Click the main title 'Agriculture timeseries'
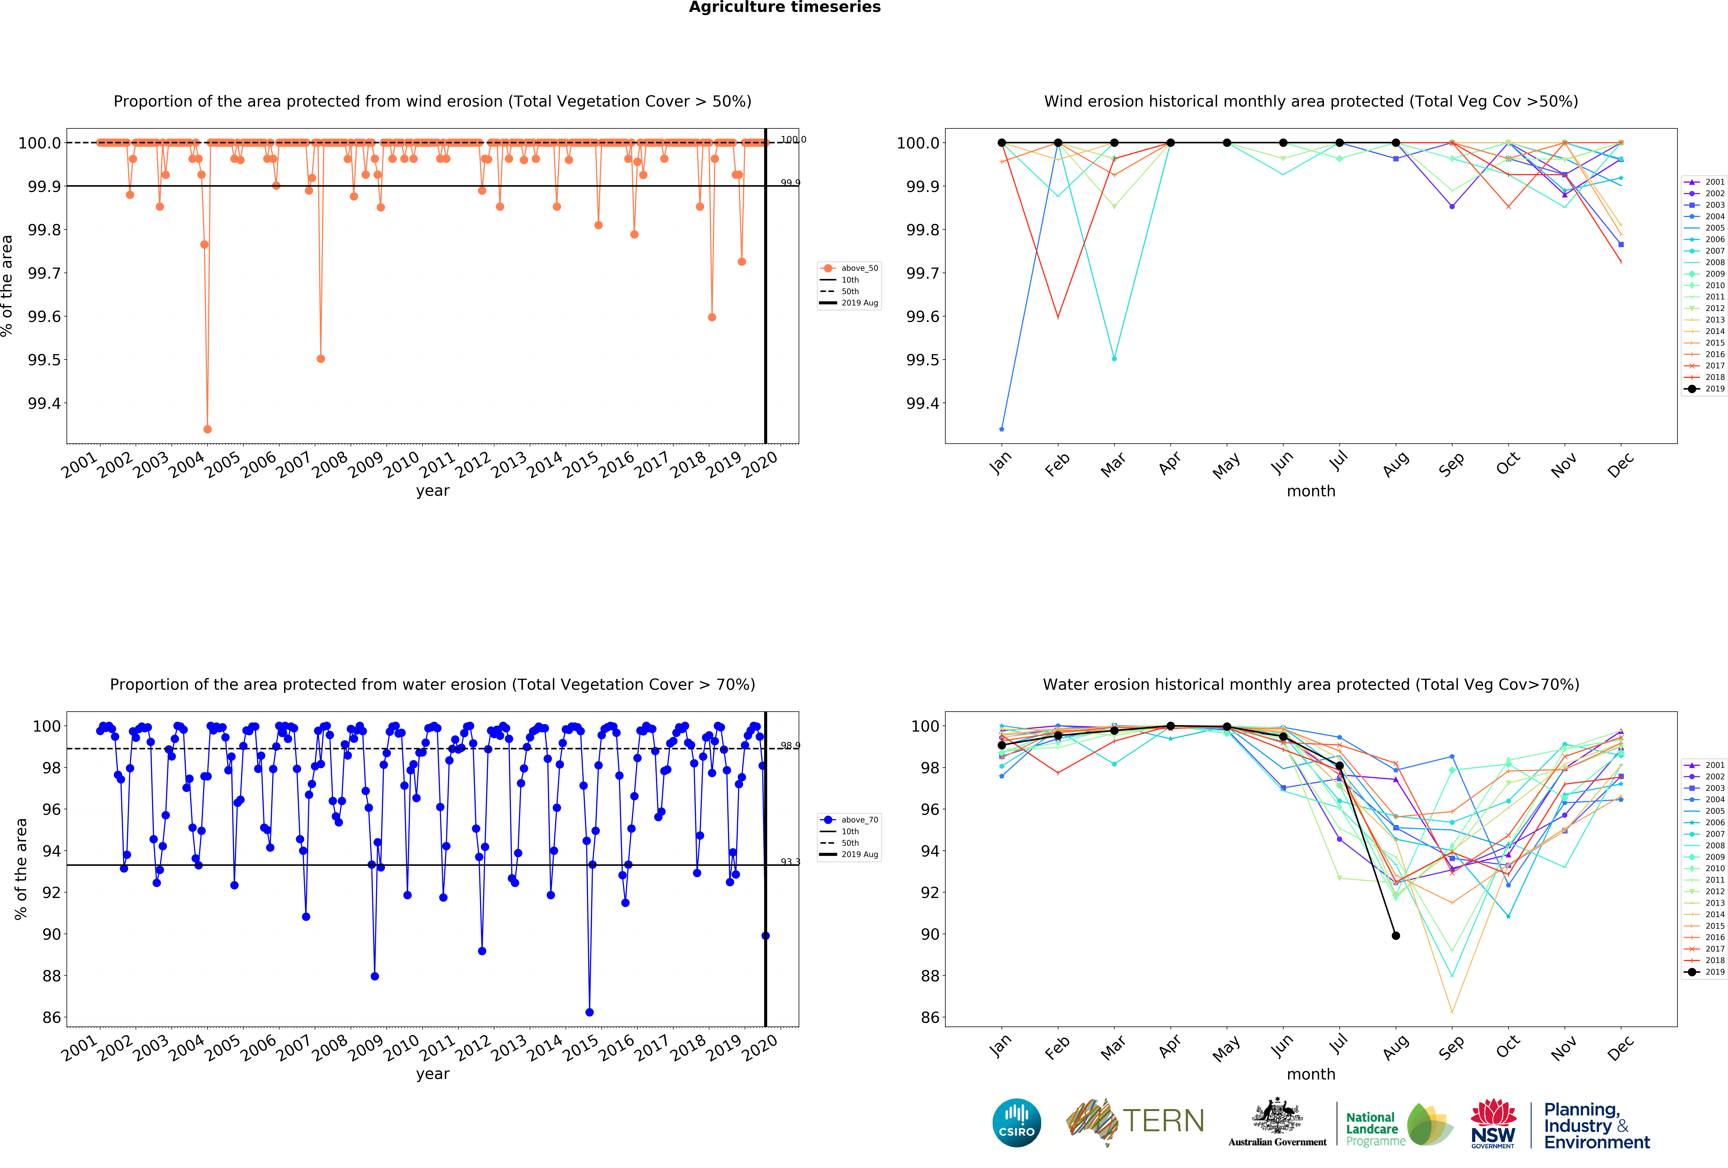784,7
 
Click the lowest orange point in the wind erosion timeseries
207,429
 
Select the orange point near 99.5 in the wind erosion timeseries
320,358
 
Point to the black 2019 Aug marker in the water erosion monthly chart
1396,935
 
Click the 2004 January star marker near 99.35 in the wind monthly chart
1002,429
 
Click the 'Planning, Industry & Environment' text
1596,1126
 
